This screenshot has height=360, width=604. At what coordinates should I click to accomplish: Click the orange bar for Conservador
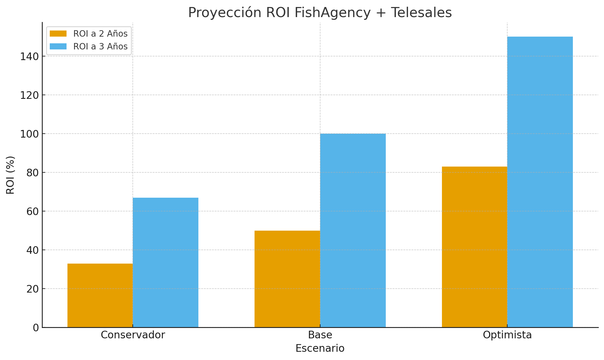click(x=100, y=295)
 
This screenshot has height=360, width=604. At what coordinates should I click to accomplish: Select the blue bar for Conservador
click(x=165, y=262)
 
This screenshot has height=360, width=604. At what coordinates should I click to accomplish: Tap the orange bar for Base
click(x=287, y=279)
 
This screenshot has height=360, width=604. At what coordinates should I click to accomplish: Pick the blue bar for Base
click(x=353, y=230)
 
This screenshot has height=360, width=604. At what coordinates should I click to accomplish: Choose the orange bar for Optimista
click(x=474, y=247)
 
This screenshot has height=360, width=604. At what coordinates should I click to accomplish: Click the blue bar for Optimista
click(x=540, y=182)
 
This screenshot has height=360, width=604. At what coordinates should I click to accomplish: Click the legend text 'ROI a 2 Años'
click(x=100, y=34)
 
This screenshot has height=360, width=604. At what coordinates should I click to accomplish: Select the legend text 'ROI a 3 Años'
click(x=100, y=47)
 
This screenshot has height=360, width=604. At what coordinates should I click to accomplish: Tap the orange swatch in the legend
click(x=58, y=34)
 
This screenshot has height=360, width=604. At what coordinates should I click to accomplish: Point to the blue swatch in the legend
click(x=58, y=47)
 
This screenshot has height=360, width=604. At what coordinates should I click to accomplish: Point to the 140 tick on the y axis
click(x=29, y=56)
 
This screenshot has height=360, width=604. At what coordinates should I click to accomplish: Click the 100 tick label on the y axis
click(x=29, y=134)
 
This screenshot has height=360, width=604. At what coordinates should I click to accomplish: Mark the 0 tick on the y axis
click(x=36, y=328)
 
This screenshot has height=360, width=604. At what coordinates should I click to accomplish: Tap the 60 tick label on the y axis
click(x=32, y=211)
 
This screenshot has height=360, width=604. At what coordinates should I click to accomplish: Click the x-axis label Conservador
click(x=133, y=335)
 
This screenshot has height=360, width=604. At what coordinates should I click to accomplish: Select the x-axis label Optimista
click(x=507, y=335)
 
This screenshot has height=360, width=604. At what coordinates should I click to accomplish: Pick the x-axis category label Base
click(x=320, y=335)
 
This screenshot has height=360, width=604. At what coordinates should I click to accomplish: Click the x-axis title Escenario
click(x=320, y=348)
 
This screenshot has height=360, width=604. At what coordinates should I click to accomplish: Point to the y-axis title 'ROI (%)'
click(x=10, y=175)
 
